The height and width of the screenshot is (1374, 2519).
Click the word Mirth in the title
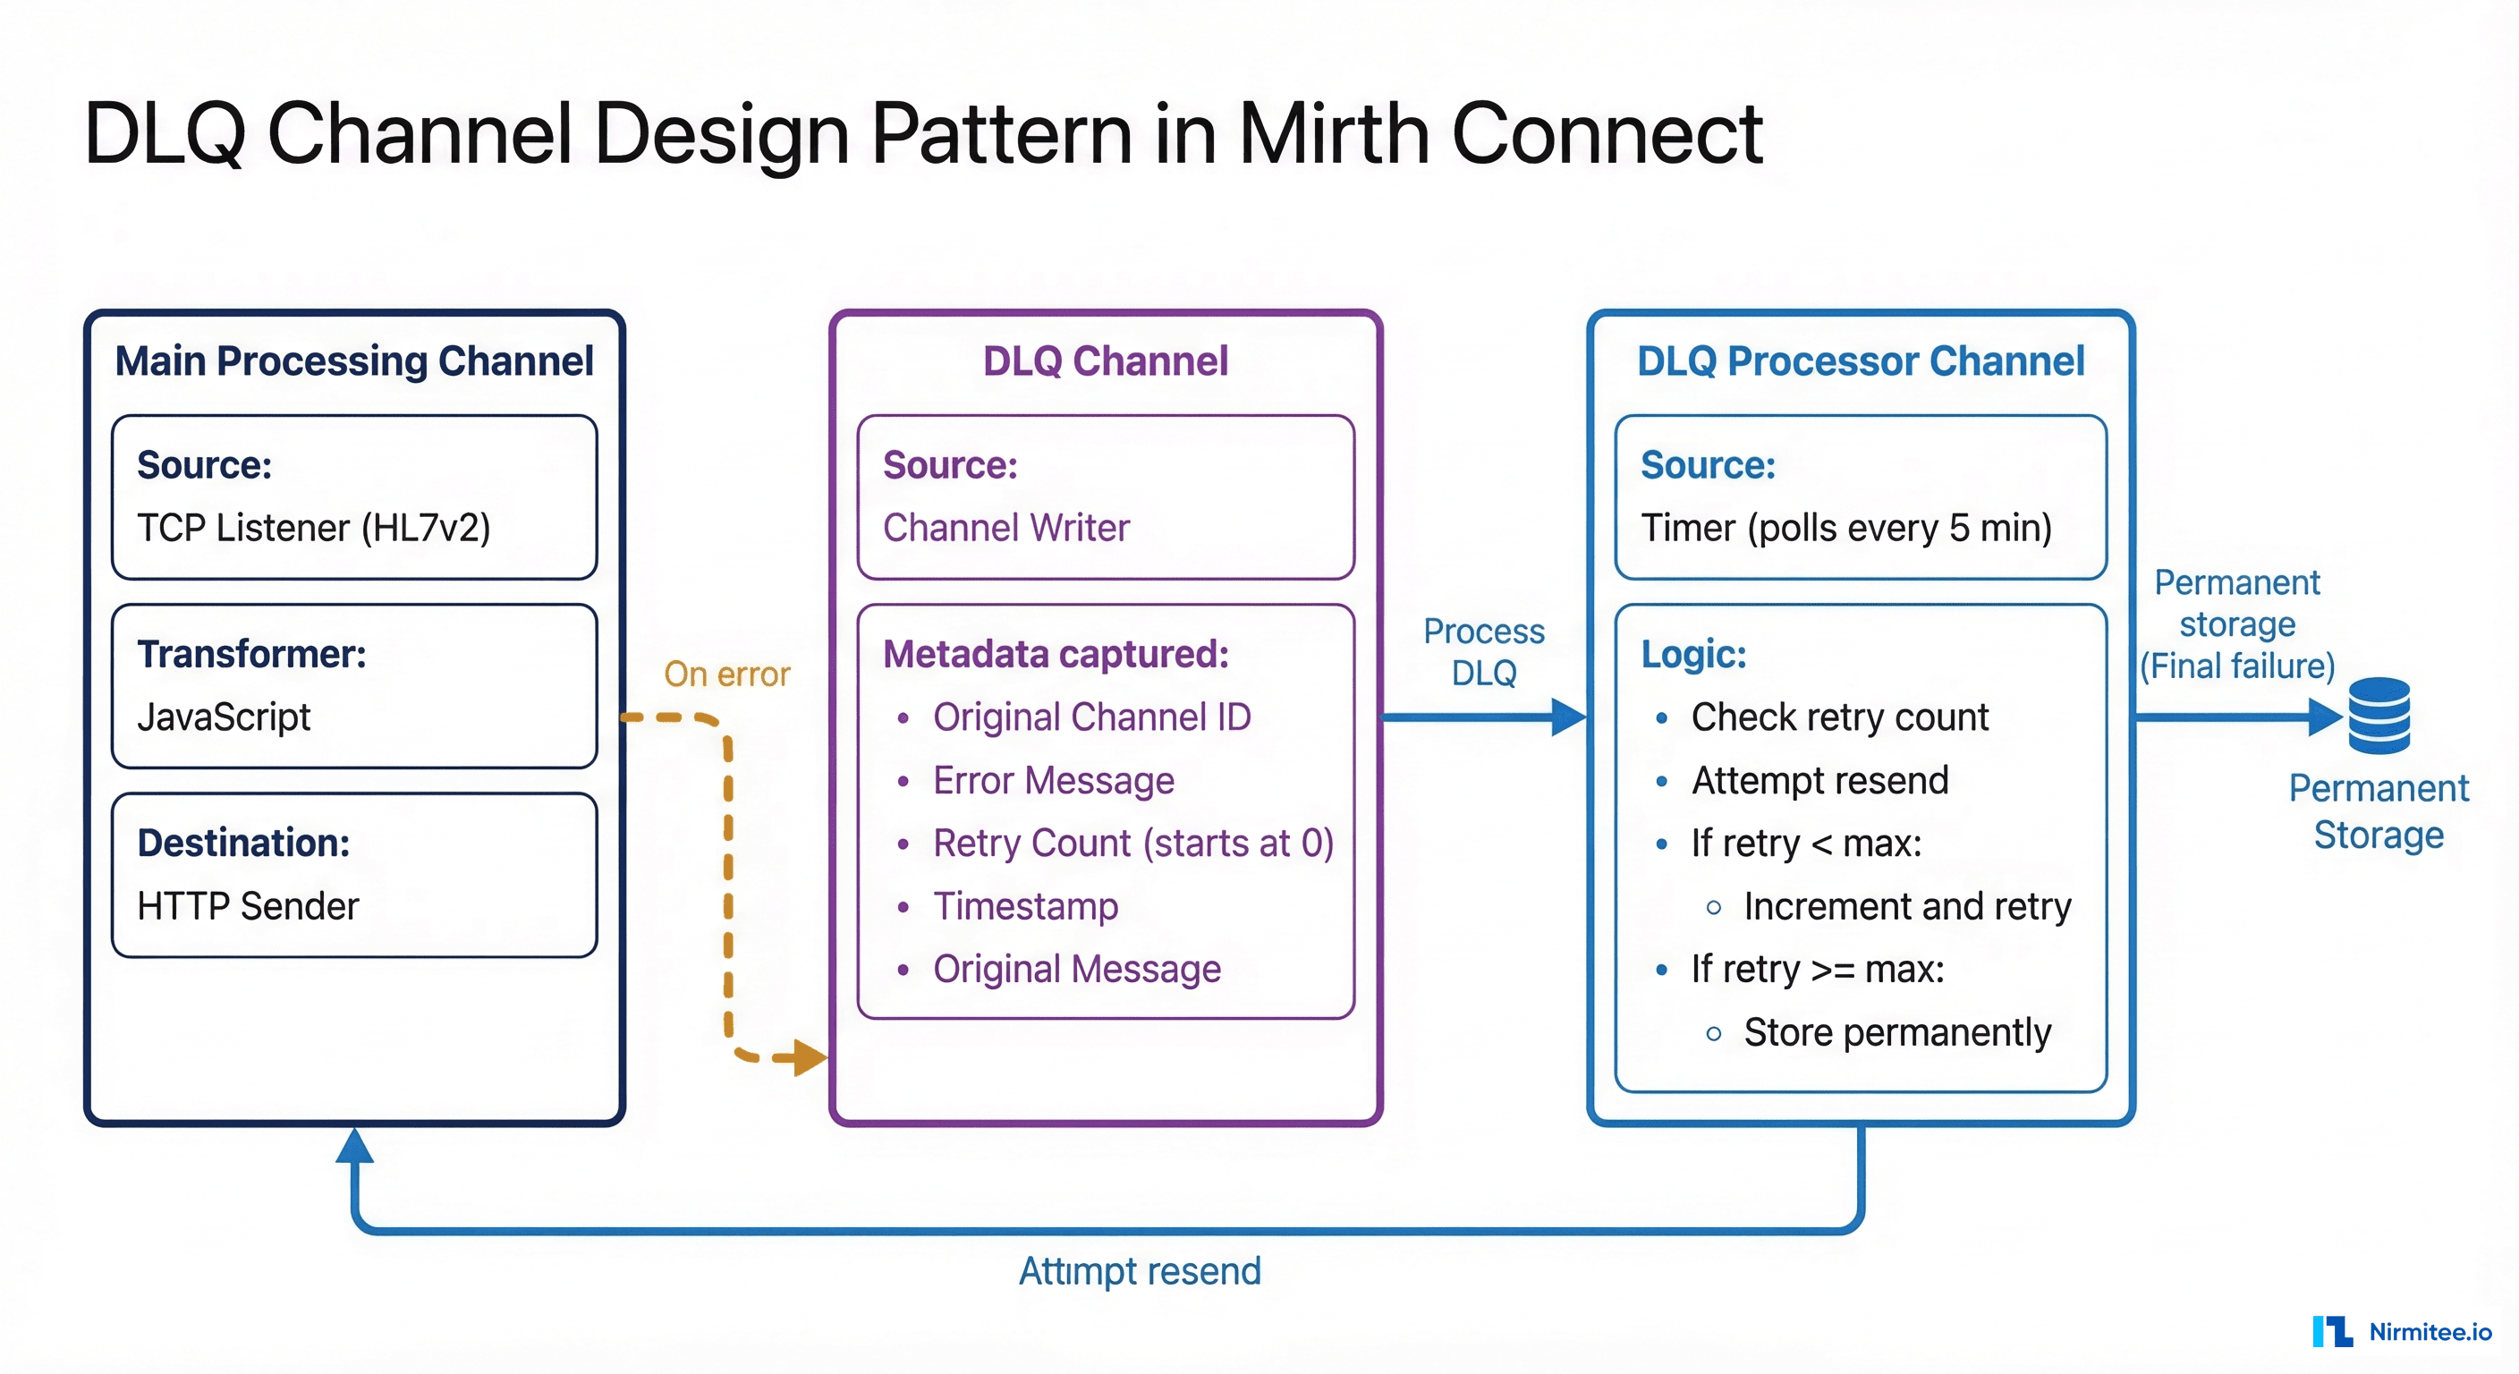(1335, 134)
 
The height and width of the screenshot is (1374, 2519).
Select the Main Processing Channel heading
(354, 360)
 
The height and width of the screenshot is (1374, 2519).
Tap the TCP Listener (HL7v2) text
(314, 528)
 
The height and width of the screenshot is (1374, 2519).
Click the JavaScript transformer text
(224, 717)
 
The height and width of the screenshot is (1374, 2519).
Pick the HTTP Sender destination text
(249, 905)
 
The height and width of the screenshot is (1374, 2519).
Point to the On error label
(726, 674)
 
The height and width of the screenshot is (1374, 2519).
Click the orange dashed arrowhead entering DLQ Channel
(810, 1057)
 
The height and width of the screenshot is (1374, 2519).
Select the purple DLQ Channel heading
(1105, 360)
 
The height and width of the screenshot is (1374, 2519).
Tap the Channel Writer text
(1006, 528)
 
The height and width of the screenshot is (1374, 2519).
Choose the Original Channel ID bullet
(1091, 717)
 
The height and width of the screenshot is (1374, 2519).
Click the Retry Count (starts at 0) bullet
(1132, 843)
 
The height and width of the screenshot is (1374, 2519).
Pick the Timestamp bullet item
(1025, 905)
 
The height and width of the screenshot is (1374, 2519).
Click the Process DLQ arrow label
(1483, 651)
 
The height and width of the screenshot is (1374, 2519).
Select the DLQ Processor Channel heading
(1860, 360)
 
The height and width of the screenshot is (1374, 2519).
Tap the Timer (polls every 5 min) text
(1846, 528)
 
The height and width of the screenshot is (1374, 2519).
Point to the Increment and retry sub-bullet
(1907, 905)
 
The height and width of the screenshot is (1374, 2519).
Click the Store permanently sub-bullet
(1897, 1031)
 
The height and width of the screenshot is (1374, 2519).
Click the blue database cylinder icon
(2379, 716)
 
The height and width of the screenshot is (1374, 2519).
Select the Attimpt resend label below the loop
(1140, 1270)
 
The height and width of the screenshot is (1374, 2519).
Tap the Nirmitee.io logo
(2402, 1331)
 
